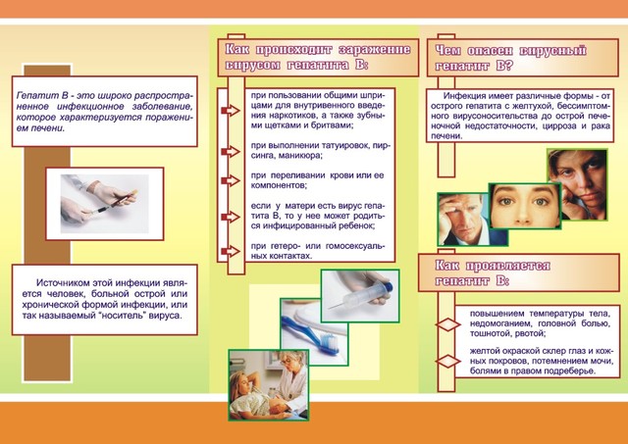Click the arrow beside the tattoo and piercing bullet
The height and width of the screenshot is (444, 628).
point(231,152)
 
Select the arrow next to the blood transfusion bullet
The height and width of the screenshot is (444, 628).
point(231,180)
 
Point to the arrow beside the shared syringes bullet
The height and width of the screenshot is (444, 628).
point(231,110)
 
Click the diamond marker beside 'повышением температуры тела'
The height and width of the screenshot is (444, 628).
point(447,324)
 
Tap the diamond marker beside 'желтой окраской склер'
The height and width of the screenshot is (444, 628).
point(447,362)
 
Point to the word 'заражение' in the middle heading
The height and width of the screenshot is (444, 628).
point(375,50)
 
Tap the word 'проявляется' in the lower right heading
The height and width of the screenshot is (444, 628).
point(508,266)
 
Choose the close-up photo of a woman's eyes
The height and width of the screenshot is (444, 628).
point(524,206)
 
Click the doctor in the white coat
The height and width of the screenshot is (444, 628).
point(291,380)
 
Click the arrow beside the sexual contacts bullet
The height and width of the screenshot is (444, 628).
point(231,251)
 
